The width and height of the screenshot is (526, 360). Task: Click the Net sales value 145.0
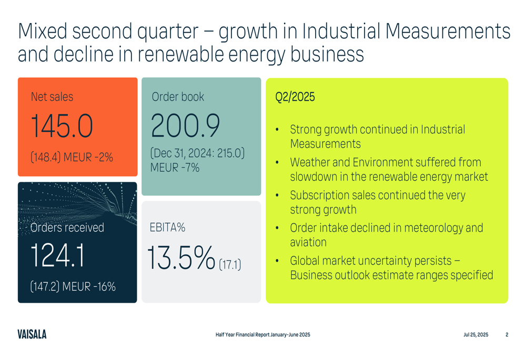coord(62,126)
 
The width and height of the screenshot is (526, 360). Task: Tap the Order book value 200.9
coord(185,126)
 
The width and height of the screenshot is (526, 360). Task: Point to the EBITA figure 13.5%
coord(181,258)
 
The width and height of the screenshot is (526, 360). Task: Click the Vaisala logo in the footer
coord(32,334)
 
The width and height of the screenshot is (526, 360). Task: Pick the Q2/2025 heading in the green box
coord(295,97)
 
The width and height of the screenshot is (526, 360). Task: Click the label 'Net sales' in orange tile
coord(52,97)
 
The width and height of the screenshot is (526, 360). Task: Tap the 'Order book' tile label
coord(177,97)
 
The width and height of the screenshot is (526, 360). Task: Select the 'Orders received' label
coord(67,228)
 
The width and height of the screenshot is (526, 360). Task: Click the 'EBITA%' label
coord(168,228)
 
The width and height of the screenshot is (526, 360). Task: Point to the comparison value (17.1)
coord(230,264)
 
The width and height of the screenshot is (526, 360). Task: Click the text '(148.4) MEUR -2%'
coord(72,156)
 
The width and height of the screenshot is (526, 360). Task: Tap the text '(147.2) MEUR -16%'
coord(73,287)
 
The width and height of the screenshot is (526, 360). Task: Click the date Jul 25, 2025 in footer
coord(476,335)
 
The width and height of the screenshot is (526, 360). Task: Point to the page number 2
coord(507,335)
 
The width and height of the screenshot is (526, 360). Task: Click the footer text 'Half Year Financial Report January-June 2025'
coord(262,335)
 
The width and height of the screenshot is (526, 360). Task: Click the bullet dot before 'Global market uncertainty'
coord(277,261)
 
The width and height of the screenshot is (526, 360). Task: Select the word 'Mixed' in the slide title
coord(42,32)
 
